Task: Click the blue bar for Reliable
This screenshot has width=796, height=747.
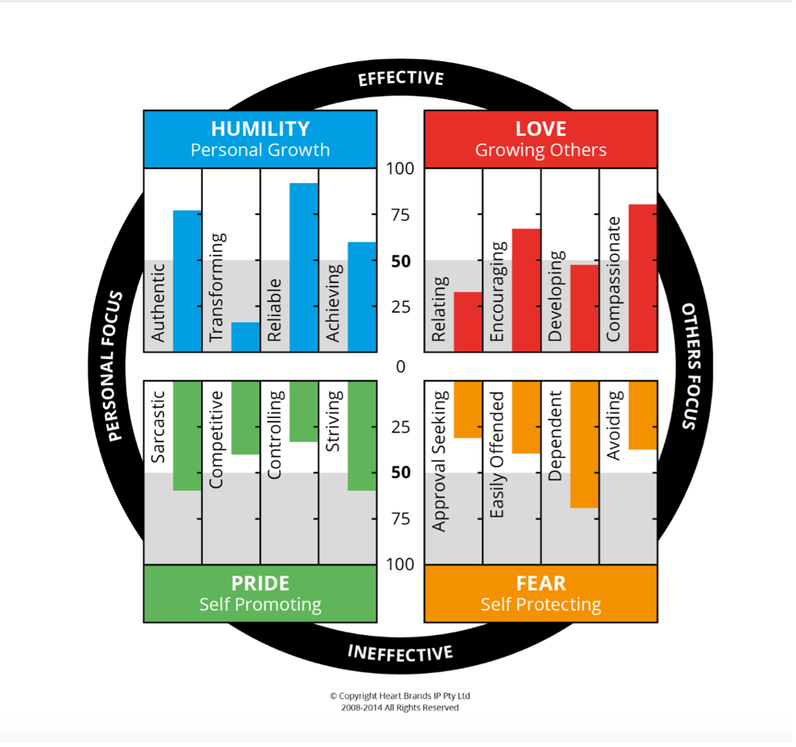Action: pyautogui.click(x=303, y=267)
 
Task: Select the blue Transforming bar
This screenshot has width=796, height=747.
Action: pyautogui.click(x=245, y=337)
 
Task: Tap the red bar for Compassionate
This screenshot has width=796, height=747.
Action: pyautogui.click(x=643, y=278)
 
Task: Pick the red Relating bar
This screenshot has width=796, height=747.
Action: pyautogui.click(x=468, y=321)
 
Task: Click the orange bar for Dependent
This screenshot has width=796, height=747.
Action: pyautogui.click(x=584, y=445)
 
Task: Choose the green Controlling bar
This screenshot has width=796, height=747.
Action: pyautogui.click(x=303, y=411)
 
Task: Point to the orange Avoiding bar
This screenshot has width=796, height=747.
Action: pyautogui.click(x=643, y=415)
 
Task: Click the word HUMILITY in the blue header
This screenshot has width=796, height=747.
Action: pyautogui.click(x=261, y=129)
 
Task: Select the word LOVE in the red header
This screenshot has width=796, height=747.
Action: pyautogui.click(x=541, y=129)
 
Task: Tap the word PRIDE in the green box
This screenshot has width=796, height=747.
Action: pyautogui.click(x=261, y=583)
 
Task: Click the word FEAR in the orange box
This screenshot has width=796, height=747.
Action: pyautogui.click(x=541, y=583)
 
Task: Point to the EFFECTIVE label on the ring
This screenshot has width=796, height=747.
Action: pyautogui.click(x=401, y=79)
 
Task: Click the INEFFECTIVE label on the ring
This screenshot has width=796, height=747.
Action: pyautogui.click(x=400, y=653)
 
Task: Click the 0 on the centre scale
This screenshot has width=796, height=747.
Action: pyautogui.click(x=400, y=367)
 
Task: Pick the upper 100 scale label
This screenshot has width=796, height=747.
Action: pyautogui.click(x=400, y=169)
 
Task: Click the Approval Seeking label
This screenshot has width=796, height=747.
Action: pyautogui.click(x=440, y=461)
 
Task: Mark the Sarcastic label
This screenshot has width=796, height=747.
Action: pyautogui.click(x=158, y=427)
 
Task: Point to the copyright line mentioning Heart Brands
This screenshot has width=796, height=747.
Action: pyautogui.click(x=400, y=696)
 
